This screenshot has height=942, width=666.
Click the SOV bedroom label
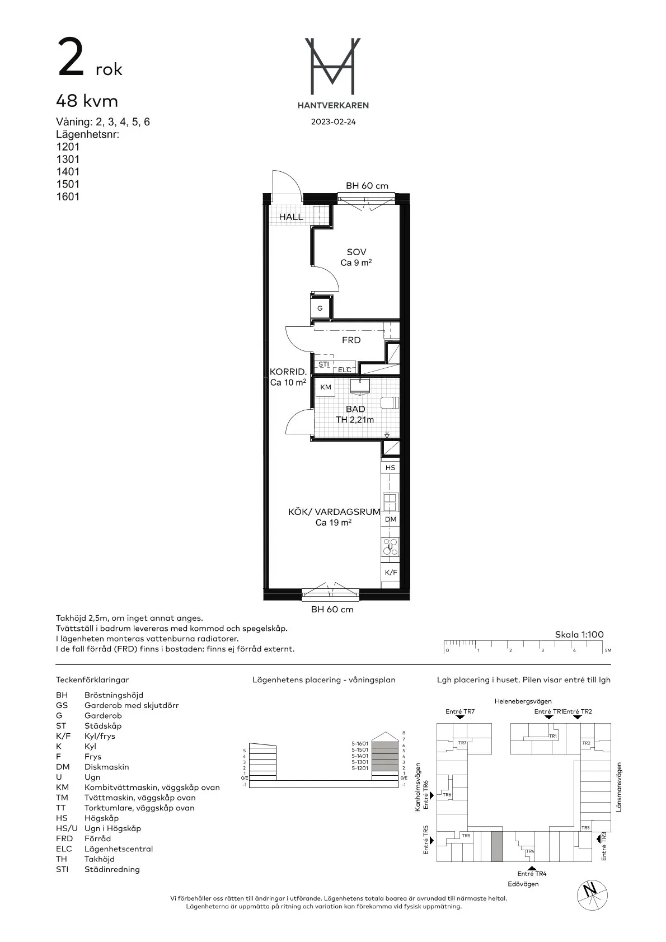[357, 252]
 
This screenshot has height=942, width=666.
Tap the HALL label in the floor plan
[291, 217]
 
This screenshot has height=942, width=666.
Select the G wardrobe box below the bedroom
[321, 308]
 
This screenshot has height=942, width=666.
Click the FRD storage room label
[351, 340]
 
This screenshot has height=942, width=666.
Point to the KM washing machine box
[326, 387]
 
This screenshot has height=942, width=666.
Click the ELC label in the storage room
[345, 370]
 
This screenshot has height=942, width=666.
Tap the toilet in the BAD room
[390, 402]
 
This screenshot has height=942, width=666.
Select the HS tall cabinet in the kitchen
[390, 467]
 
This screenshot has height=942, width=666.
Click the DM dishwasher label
[391, 519]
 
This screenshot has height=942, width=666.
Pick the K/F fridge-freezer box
[391, 573]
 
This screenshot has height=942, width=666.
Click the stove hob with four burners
[390, 546]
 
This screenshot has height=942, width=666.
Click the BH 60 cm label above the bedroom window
[367, 186]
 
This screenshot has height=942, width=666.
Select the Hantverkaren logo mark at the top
[332, 66]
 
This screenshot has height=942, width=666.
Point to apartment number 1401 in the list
[68, 172]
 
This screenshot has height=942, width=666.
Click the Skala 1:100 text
[579, 634]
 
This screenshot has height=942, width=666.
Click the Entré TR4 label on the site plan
[532, 873]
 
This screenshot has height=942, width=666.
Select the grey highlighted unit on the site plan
[496, 846]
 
